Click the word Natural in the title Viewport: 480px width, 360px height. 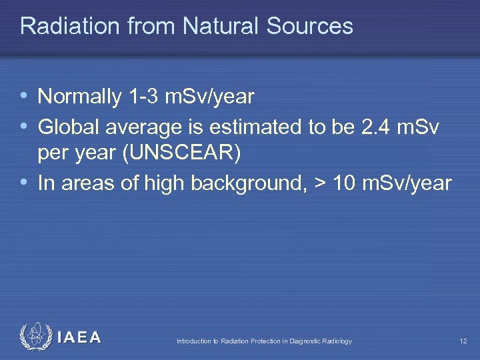[222, 26]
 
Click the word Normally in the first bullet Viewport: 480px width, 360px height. [79, 97]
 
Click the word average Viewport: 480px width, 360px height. [135, 125]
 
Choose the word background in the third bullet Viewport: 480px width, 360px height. [248, 183]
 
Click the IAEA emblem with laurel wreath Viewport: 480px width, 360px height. [35, 337]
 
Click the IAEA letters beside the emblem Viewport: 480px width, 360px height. [79, 338]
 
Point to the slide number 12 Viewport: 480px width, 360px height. [463, 341]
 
